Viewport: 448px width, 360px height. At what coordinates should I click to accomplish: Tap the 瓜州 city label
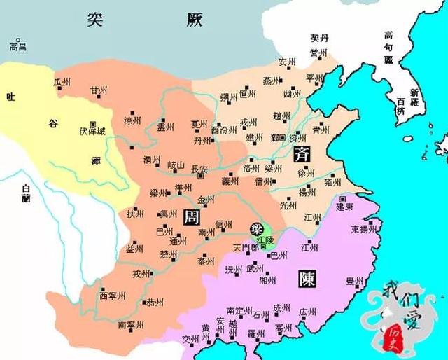pyautogui.click(x=62, y=83)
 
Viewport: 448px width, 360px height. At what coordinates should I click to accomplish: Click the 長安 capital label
pyautogui.click(x=198, y=169)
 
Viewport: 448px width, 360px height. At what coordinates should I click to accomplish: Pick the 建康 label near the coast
pyautogui.click(x=344, y=207)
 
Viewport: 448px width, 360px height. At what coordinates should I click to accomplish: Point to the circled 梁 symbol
pyautogui.click(x=258, y=228)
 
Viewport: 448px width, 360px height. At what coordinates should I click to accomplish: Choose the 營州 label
pyautogui.click(x=321, y=53)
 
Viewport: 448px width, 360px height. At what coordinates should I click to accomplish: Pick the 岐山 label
pyautogui.click(x=176, y=165)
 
